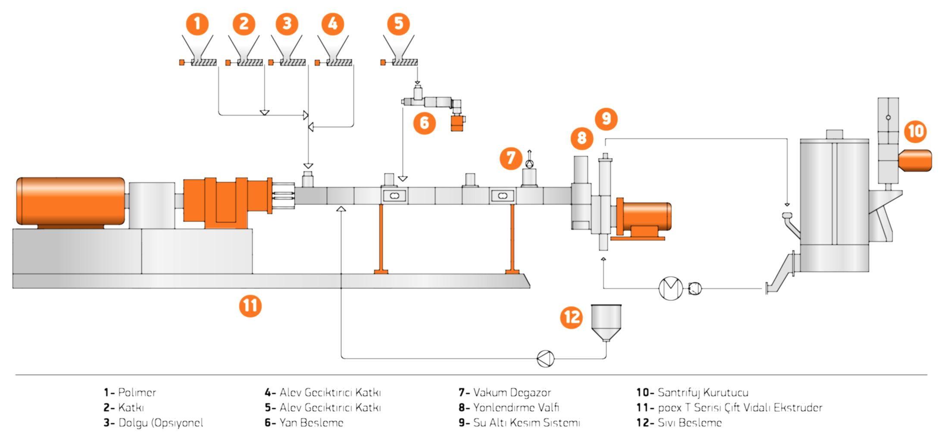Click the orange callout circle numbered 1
197,24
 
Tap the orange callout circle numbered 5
398,24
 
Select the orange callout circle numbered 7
511,158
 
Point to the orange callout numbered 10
916,131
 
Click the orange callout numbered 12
572,317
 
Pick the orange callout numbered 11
250,306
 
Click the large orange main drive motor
71,201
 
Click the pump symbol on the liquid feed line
545,358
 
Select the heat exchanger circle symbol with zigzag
671,288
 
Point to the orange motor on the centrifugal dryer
916,160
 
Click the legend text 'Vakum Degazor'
512,392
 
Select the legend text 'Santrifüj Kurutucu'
703,392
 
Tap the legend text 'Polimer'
137,392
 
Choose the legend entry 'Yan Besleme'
311,423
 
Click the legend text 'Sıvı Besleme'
689,423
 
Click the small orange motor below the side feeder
457,124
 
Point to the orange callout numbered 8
581,138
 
